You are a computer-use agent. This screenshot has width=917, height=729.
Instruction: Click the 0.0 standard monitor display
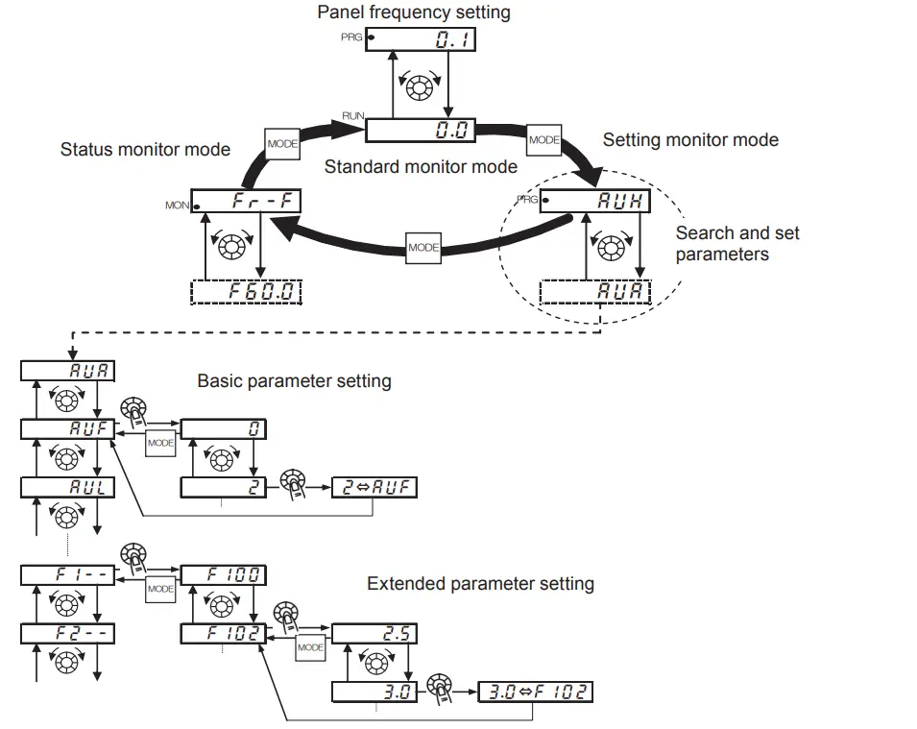point(422,131)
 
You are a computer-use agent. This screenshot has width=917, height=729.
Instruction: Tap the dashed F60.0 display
point(247,291)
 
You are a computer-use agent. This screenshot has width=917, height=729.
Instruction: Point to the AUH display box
point(595,202)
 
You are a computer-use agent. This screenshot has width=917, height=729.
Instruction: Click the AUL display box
point(67,487)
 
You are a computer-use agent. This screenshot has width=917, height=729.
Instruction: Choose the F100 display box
point(223,575)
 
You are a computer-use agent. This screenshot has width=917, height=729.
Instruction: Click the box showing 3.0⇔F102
point(535,692)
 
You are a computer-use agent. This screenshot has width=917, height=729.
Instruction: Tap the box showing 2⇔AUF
point(374,487)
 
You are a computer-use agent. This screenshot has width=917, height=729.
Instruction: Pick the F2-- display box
point(67,634)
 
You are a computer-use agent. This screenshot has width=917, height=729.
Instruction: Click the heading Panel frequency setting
point(414,12)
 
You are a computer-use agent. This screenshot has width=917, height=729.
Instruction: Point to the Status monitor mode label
point(145,149)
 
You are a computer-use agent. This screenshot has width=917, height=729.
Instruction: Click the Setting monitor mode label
point(690,140)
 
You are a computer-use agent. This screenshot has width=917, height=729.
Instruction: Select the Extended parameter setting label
point(480,584)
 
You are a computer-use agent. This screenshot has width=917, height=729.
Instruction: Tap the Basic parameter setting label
point(294,381)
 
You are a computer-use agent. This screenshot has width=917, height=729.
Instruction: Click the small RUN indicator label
point(352,115)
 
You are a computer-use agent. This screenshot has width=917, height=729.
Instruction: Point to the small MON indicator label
point(177,206)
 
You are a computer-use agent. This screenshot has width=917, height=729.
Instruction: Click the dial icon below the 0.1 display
point(420,87)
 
